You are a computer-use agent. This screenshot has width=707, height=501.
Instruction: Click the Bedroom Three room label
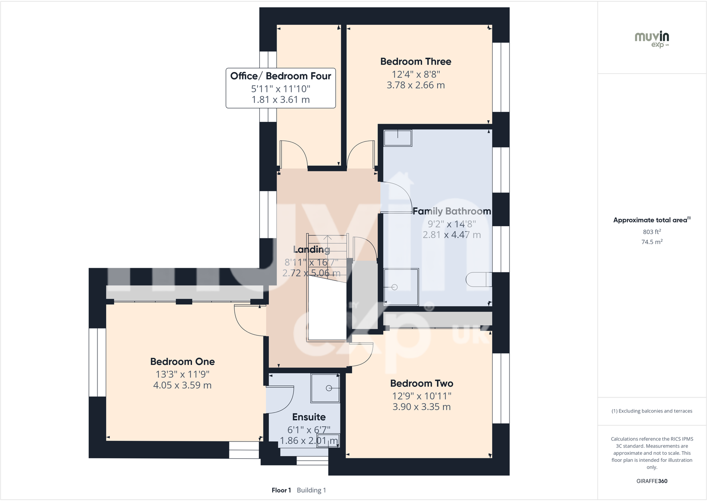(x=416, y=61)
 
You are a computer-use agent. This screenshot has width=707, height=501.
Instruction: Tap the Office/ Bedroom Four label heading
(x=281, y=76)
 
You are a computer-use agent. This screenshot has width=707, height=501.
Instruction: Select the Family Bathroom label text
(x=452, y=211)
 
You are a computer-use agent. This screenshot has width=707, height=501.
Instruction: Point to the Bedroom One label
(x=182, y=361)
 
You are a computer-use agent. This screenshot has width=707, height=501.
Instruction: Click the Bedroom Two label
(x=422, y=383)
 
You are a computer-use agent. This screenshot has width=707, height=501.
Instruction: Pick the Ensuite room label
(x=309, y=417)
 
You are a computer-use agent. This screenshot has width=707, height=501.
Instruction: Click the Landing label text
(x=312, y=249)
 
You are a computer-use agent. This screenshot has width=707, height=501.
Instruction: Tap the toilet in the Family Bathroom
(x=479, y=279)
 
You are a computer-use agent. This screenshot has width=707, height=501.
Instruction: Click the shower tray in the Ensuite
(x=325, y=388)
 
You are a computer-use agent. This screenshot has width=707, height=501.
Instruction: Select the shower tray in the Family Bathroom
(x=401, y=287)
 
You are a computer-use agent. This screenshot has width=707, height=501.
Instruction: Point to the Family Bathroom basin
(x=398, y=138)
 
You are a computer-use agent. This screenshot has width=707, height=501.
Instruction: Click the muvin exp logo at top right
(x=652, y=40)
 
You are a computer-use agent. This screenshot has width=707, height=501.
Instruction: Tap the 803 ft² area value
(x=652, y=232)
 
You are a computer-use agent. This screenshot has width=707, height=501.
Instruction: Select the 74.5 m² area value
(x=652, y=242)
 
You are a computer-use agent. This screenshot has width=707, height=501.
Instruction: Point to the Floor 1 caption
(x=281, y=490)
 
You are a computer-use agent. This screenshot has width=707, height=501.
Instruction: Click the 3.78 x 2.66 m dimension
(x=416, y=85)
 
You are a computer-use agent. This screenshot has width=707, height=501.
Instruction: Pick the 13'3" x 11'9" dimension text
(x=182, y=374)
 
